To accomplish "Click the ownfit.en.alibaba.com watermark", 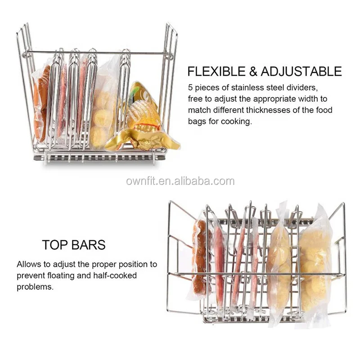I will click(x=180, y=181).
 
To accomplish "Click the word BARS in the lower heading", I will click(x=88, y=245).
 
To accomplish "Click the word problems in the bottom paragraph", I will click(x=35, y=286).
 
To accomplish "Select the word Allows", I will click(x=29, y=265).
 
